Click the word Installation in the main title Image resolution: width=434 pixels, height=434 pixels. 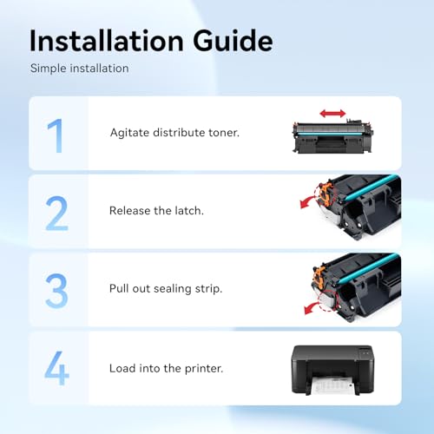[x=107, y=41]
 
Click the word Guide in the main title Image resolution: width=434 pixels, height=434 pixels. [x=233, y=41]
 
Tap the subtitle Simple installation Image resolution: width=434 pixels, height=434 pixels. [x=80, y=69]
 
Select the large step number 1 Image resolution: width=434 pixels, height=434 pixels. [x=56, y=135]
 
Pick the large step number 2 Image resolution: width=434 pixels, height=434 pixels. [x=56, y=214]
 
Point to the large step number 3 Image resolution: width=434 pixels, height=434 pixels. [x=56, y=291]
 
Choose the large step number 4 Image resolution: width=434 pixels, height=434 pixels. [x=56, y=368]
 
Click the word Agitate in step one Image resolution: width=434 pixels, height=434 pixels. [x=129, y=133]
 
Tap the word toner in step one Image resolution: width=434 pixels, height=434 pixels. [x=224, y=133]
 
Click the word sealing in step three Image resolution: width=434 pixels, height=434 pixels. [x=173, y=289]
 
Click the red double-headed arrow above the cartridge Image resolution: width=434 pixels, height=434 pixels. [x=332, y=114]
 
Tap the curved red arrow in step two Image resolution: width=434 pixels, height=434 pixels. [x=308, y=201]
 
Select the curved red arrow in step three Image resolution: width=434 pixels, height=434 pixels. [x=312, y=308]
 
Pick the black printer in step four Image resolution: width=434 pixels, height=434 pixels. [x=332, y=370]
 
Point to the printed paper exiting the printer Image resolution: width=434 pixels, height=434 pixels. [x=332, y=385]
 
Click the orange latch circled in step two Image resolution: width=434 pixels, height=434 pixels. [x=325, y=193]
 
